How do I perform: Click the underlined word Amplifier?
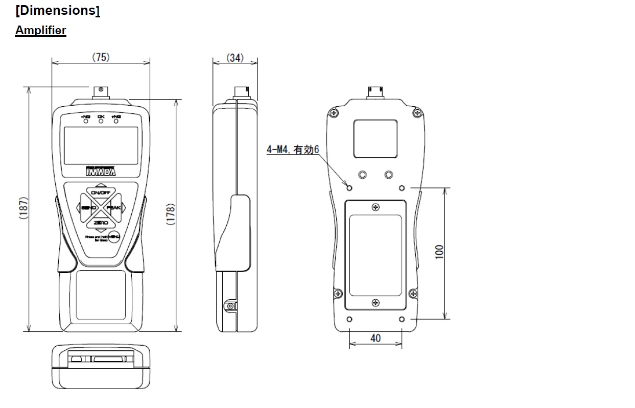coord(40,30)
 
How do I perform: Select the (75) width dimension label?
coord(101,57)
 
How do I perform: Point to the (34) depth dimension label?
coord(235,57)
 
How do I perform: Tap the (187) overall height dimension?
coord(23,208)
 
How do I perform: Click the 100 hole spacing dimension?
coord(439,252)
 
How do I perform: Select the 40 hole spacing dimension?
coord(375,338)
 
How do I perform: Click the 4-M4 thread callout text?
coord(293,150)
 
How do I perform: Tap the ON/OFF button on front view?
coord(101,193)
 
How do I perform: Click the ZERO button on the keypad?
coord(101,223)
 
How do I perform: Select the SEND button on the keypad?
coord(87,208)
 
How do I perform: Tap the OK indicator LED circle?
coord(101,122)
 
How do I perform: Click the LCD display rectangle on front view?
coord(101,145)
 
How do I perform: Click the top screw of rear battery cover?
coord(376,207)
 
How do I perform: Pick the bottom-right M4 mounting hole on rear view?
coord(402,319)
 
